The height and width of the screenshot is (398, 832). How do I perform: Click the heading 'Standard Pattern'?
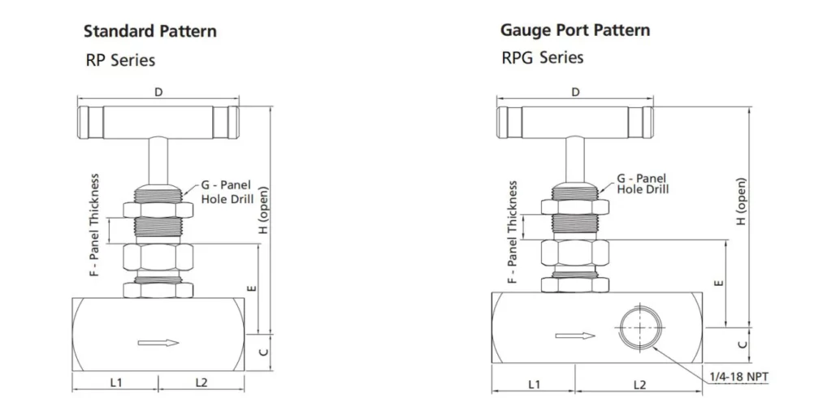150,32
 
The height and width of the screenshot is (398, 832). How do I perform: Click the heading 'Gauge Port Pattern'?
574,31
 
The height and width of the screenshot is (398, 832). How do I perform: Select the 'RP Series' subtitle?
120,60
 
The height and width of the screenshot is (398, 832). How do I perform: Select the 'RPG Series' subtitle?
542,58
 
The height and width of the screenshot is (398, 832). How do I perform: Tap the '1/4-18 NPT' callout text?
738,377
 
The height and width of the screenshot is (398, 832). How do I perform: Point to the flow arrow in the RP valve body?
158,343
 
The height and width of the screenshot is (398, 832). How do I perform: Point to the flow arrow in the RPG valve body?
575,336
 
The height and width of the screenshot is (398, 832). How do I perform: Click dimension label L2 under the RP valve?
201,382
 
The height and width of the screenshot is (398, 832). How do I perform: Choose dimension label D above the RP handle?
158,93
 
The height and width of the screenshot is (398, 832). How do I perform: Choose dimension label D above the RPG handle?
575,92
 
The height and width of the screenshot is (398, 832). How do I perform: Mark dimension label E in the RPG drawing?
718,283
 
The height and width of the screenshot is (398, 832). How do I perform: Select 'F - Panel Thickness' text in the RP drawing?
94,225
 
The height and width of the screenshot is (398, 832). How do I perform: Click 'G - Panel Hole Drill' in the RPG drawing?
642,184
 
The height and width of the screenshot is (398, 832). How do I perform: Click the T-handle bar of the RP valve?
158,122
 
